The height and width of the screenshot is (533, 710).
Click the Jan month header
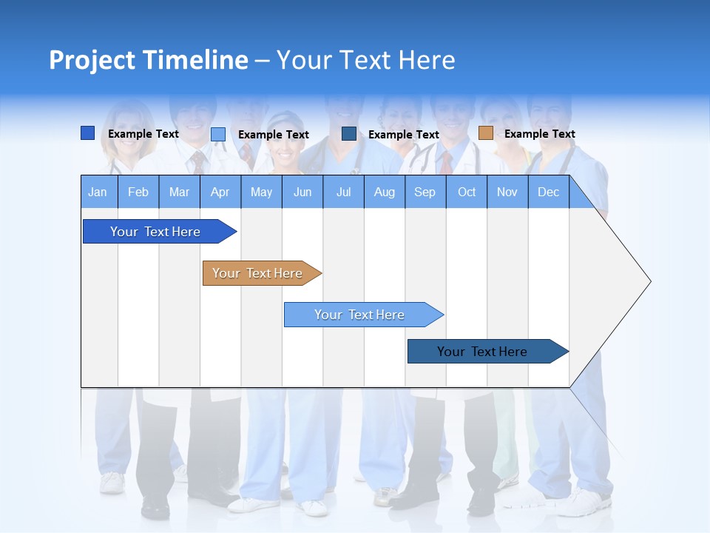(98, 192)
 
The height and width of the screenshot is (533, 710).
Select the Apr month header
(220, 192)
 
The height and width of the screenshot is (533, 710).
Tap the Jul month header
(343, 192)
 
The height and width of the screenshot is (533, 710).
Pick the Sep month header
(425, 192)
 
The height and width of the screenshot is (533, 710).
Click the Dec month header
(548, 192)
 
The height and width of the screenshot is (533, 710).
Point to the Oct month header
(467, 192)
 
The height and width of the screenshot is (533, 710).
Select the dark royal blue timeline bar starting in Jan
(155, 232)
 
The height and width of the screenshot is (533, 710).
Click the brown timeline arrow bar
(257, 273)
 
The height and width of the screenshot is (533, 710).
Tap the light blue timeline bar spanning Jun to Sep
(359, 315)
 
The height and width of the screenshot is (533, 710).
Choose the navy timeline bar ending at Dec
(482, 352)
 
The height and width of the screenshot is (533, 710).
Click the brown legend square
(485, 133)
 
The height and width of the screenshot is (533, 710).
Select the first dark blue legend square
(87, 133)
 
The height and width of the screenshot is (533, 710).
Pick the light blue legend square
(218, 134)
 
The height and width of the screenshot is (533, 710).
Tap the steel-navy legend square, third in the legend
(349, 134)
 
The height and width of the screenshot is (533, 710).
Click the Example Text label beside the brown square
(539, 134)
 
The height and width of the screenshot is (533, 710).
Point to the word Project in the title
(91, 60)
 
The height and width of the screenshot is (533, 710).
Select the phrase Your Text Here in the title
(365, 60)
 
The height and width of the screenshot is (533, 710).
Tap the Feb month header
(138, 192)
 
